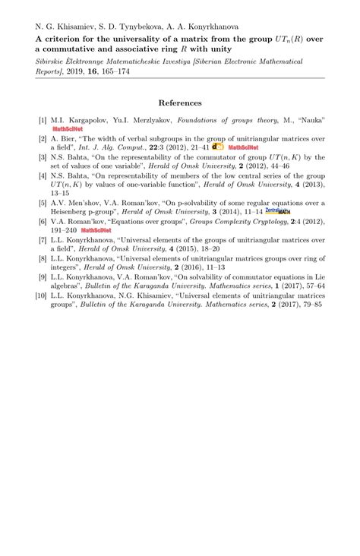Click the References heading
tap(180, 103)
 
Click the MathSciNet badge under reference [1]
tap(67, 129)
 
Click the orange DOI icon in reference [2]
tap(218, 147)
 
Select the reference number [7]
tap(43, 239)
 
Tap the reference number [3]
tap(43, 157)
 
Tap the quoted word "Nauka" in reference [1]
tap(308, 120)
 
